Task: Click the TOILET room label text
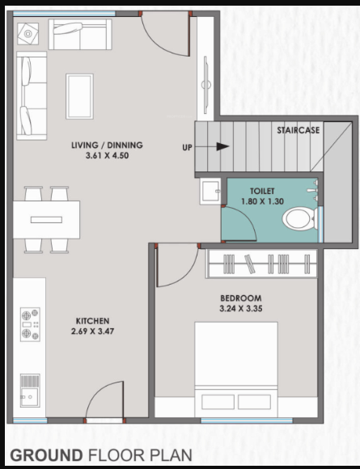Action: [x=261, y=192]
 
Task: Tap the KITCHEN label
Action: [x=93, y=321]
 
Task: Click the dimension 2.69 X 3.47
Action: [x=93, y=332]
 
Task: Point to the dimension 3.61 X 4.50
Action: [x=107, y=155]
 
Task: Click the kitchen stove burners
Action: [x=30, y=324]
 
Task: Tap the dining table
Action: [x=46, y=219]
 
